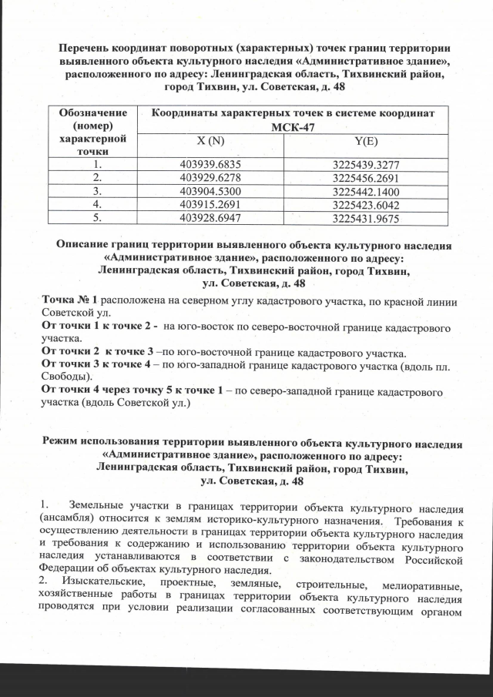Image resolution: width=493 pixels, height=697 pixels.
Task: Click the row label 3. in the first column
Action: pos(96,190)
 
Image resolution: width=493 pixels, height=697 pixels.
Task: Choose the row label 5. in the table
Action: pos(96,219)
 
